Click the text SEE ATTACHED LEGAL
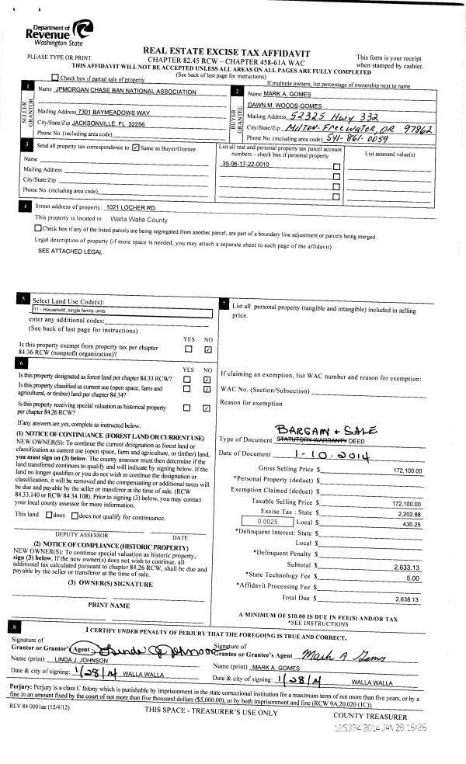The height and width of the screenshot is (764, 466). [x=70, y=252]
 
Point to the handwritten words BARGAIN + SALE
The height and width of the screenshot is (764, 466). [x=327, y=430]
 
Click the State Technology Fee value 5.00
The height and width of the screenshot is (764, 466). [x=412, y=578]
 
